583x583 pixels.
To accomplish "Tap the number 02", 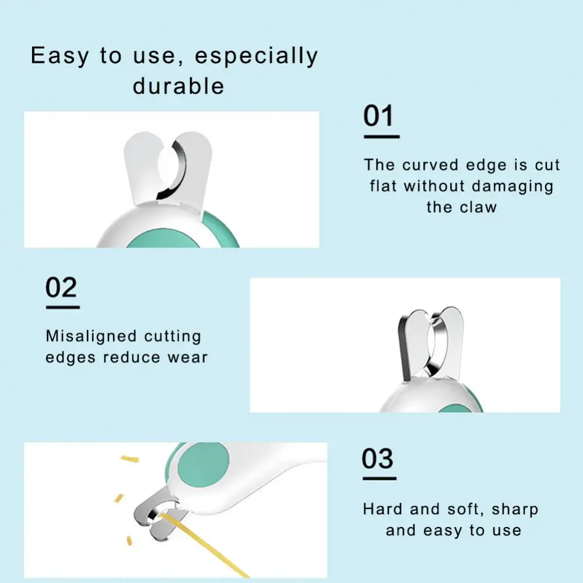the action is [x=61, y=287].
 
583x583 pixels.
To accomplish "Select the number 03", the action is [x=377, y=458].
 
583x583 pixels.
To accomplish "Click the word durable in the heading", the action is [x=178, y=86].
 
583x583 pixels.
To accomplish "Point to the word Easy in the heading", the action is [x=60, y=56].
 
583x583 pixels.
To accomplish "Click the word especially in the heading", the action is [x=257, y=56].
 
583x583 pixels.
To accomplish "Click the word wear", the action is [x=188, y=358].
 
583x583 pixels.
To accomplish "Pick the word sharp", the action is [x=515, y=510].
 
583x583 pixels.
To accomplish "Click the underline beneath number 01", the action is [x=381, y=137].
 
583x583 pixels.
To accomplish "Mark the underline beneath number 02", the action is [x=63, y=307].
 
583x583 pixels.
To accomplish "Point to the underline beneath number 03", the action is [x=380, y=479].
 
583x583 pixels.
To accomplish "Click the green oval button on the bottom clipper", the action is [x=203, y=465].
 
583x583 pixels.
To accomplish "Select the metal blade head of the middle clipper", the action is [x=431, y=343].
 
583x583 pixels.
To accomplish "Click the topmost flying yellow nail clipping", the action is [x=130, y=459].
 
